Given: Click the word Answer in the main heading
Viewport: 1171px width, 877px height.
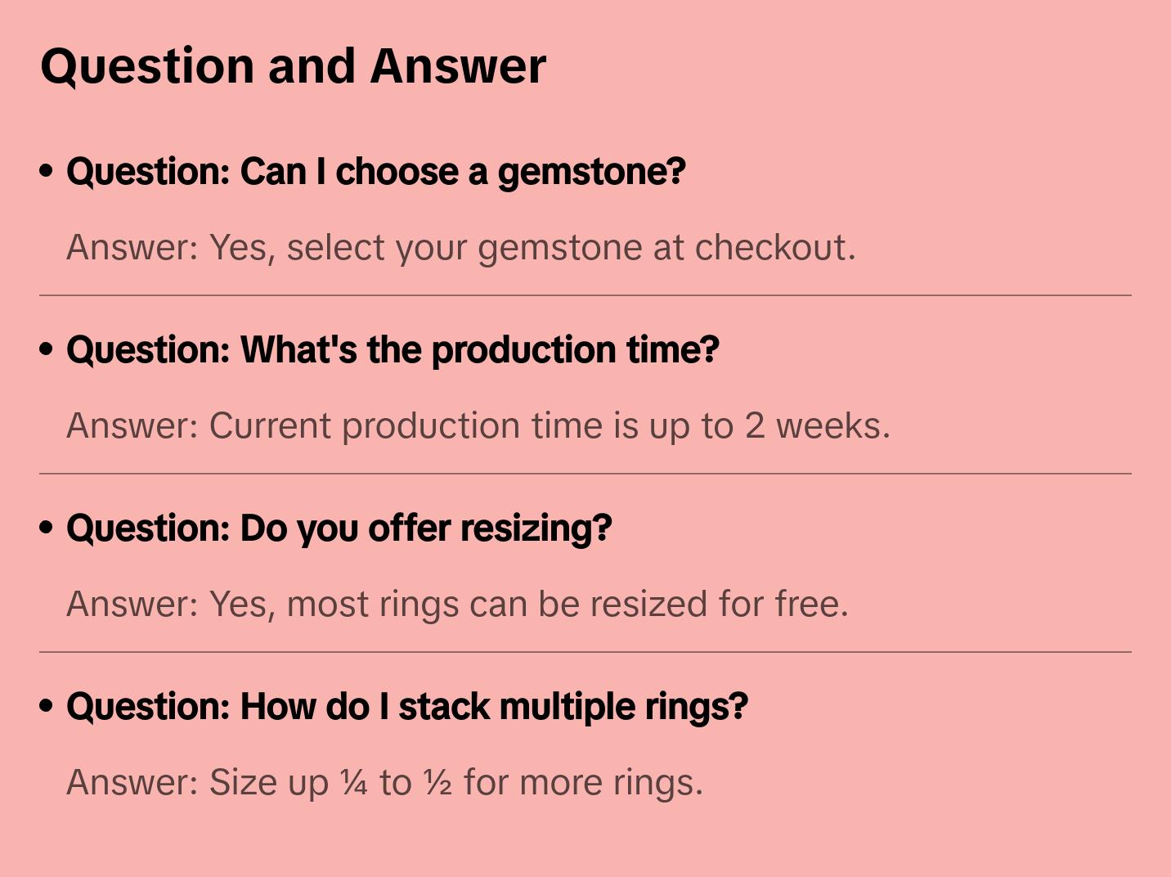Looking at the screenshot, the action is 458,66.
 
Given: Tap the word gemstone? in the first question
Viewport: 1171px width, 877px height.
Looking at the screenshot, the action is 592,173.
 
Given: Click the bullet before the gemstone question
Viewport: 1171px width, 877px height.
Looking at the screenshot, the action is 47,171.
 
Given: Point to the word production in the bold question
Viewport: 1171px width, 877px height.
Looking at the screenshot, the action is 523,350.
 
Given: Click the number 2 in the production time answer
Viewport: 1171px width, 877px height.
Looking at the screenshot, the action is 754,426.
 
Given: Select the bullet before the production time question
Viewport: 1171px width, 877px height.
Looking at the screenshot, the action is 47,349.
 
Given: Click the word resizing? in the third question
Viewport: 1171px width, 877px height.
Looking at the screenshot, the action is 536,528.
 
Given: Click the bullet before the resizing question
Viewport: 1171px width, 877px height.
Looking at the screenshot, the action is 47,528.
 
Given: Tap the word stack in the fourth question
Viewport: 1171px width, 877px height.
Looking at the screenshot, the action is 444,706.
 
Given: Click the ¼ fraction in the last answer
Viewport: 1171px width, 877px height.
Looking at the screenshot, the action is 354,782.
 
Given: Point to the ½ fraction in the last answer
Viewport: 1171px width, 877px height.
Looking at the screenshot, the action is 438,782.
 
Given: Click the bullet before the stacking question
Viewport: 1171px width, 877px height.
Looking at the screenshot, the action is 47,706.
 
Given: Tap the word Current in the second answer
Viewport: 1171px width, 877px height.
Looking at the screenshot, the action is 270,425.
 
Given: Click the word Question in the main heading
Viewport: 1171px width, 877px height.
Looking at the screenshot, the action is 147,67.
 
